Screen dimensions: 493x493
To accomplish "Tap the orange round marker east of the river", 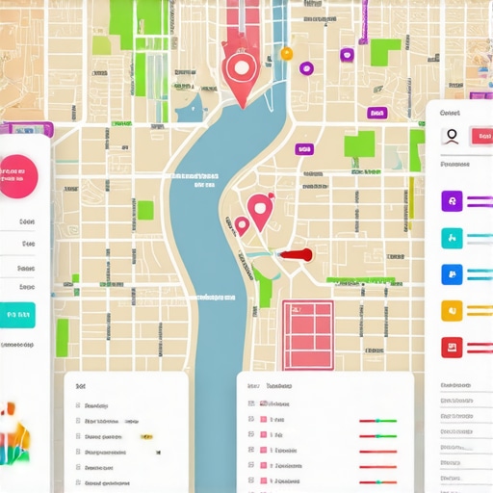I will pyautogui.click(x=286, y=53).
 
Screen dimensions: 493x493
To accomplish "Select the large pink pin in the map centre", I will pyautogui.click(x=258, y=207).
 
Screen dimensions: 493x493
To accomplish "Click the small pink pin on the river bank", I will pyautogui.click(x=242, y=224).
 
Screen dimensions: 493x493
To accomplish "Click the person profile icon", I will pyautogui.click(x=450, y=137).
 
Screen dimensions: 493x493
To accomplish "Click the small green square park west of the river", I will pyautogui.click(x=145, y=210).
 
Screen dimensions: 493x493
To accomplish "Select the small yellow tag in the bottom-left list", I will pyautogui.click(x=146, y=435).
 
